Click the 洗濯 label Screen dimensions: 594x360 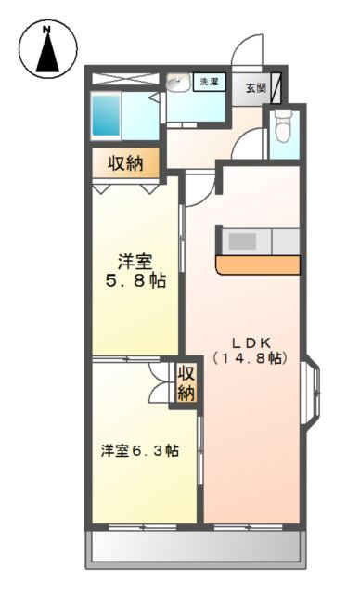click(x=209, y=83)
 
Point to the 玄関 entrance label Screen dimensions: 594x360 click(x=255, y=88)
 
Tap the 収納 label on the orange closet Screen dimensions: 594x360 click(x=126, y=164)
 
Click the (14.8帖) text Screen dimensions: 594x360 click(x=248, y=358)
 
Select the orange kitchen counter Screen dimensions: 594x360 click(x=258, y=265)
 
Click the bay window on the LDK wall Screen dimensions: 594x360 click(x=311, y=389)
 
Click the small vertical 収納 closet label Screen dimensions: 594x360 click(x=186, y=381)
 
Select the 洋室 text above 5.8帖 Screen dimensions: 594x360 click(x=135, y=259)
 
